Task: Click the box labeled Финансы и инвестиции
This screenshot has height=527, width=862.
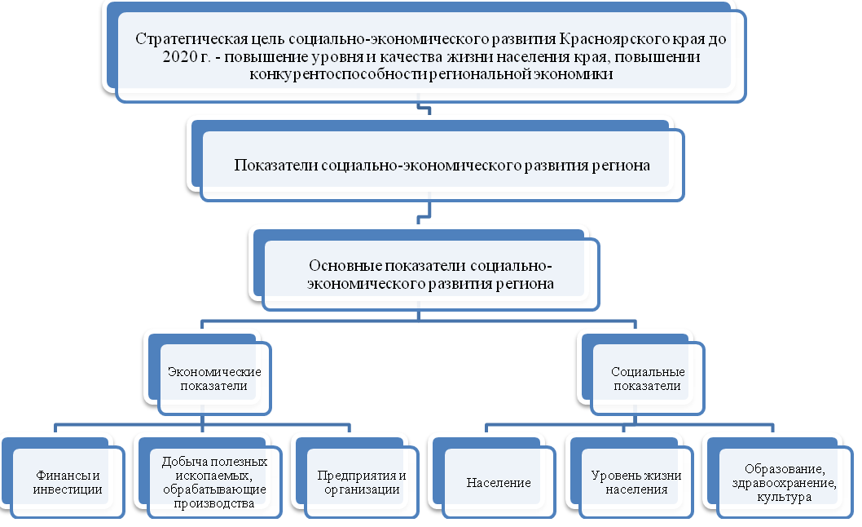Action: (x=68, y=482)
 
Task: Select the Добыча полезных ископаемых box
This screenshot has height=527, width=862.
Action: (x=209, y=482)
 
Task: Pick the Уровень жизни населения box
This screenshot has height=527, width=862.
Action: (x=636, y=482)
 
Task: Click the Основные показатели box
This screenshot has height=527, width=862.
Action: (x=431, y=274)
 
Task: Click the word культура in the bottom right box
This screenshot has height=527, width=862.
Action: (x=783, y=497)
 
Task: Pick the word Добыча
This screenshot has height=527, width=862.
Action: (x=179, y=461)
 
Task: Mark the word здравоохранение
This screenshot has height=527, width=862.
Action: (x=784, y=482)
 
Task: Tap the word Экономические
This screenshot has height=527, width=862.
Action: (x=213, y=371)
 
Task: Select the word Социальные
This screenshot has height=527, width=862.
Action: (x=646, y=371)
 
